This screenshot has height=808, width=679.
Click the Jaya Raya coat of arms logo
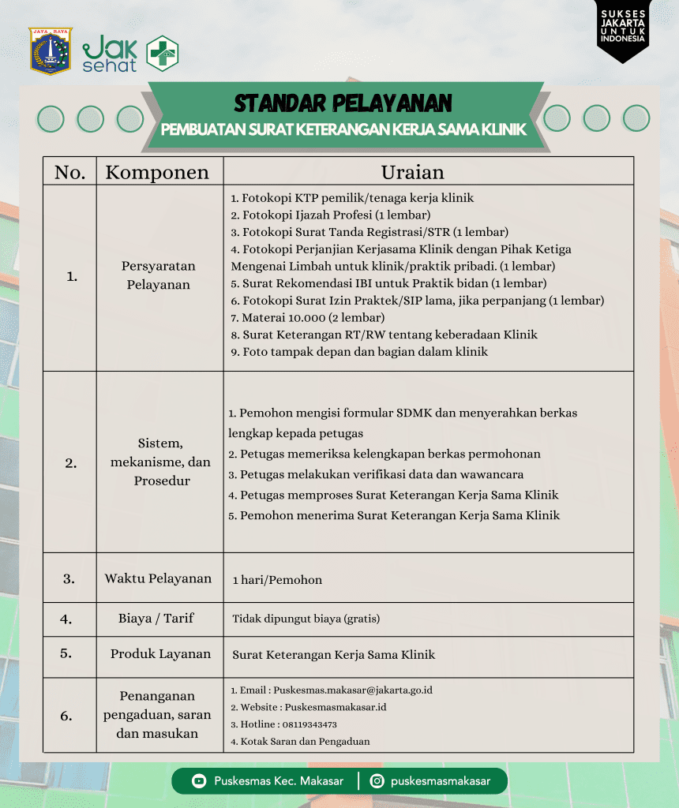(51, 51)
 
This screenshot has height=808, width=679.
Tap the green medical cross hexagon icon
(163, 54)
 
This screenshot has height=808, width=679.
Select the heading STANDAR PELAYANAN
(343, 103)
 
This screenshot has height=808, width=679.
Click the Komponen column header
(158, 172)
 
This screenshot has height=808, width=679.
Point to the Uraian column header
(412, 172)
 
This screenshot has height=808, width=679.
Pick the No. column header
(70, 172)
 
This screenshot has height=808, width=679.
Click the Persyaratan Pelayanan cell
(159, 275)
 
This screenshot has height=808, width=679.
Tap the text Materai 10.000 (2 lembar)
(313, 317)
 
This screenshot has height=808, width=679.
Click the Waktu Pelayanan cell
(158, 578)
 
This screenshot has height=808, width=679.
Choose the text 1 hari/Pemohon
(277, 580)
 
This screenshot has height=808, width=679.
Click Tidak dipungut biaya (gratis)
(306, 619)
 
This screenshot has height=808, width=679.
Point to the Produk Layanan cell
(160, 653)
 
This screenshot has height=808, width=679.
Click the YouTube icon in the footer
(199, 781)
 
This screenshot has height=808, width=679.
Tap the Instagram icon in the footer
(377, 781)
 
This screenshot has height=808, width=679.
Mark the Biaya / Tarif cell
(156, 619)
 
